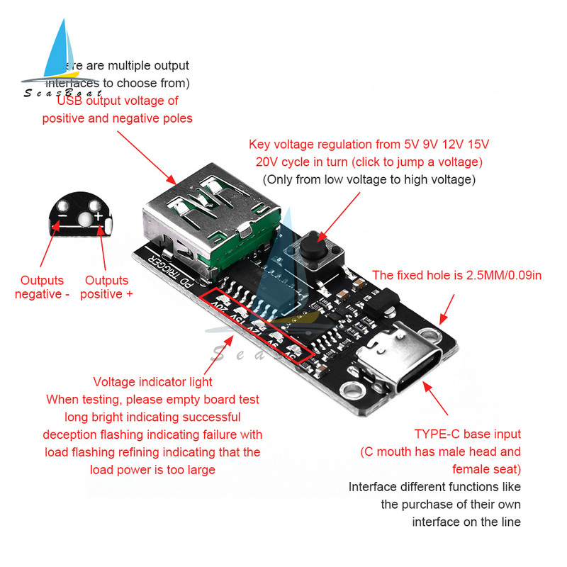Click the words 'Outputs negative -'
tap(42, 287)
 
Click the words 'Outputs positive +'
tap(106, 287)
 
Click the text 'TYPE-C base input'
tap(468, 434)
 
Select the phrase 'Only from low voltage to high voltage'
tap(369, 180)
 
